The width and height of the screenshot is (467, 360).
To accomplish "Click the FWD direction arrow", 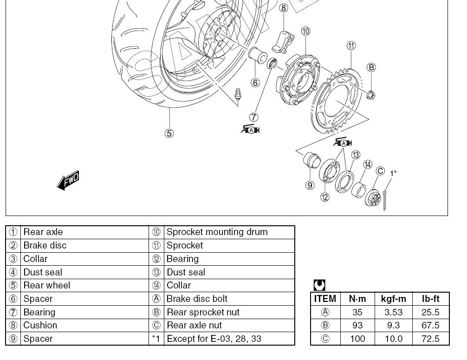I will pos(68,180).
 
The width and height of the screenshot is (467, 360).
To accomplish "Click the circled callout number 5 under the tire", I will pos(169,133).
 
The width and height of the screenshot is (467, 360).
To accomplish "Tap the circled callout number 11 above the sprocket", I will pos(351,46).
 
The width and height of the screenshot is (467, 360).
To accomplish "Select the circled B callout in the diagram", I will pos(371,68).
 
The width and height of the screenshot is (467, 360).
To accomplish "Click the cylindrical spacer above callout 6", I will pos(258,55).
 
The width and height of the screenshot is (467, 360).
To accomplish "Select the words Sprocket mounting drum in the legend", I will pos(217,232).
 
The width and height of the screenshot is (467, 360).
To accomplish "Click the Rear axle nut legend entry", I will pos(194,325).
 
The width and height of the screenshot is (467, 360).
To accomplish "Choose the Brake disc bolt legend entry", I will pos(197,299).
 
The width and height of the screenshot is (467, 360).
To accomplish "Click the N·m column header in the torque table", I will pos(357,299).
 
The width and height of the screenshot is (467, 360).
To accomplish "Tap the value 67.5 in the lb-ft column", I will pos(430,325).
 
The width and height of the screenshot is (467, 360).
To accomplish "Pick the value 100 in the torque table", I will pos(357,339).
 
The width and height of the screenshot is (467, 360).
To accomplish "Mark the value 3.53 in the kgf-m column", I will pos(393,312).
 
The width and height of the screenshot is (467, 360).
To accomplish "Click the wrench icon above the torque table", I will pos(319,285).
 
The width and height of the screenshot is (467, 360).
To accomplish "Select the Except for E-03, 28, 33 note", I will pos(214,339).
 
